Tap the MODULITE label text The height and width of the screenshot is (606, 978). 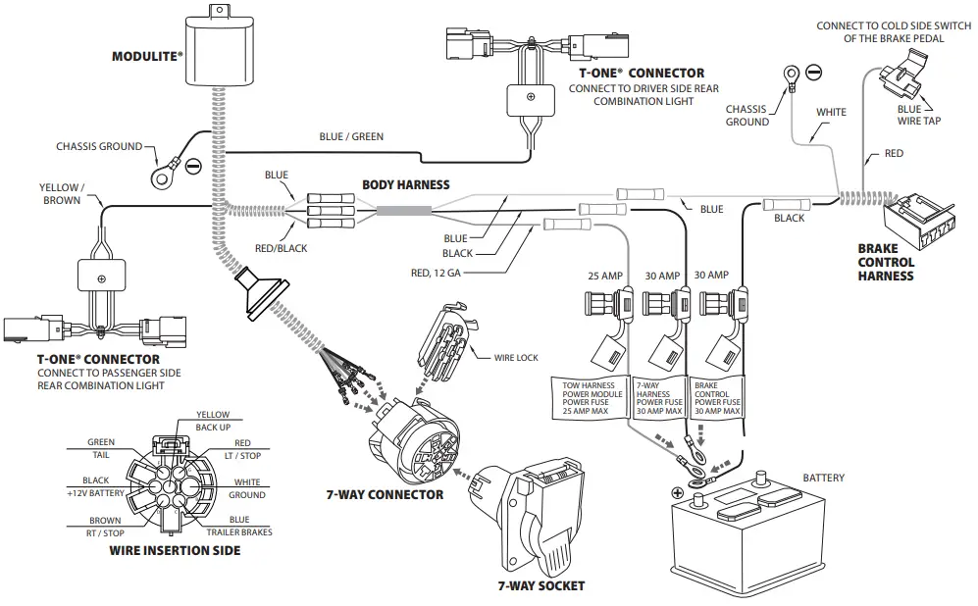(x=147, y=57)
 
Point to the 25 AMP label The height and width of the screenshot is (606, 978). (x=606, y=277)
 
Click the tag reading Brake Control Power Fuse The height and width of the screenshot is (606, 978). (x=716, y=397)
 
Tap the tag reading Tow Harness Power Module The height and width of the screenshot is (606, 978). (x=588, y=397)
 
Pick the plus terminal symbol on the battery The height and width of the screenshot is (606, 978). (x=677, y=492)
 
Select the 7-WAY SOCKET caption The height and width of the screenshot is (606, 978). (x=540, y=585)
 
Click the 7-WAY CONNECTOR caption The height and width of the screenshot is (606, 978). (x=385, y=495)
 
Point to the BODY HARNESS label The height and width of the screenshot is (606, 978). (x=406, y=184)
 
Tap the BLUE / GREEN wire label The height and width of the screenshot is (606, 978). (x=351, y=136)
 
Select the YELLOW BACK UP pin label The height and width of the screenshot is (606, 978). (x=212, y=421)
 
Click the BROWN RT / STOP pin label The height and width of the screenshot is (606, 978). (x=105, y=527)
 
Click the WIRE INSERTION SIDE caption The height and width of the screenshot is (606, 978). (x=175, y=550)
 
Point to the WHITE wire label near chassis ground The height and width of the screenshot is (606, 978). (x=831, y=112)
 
